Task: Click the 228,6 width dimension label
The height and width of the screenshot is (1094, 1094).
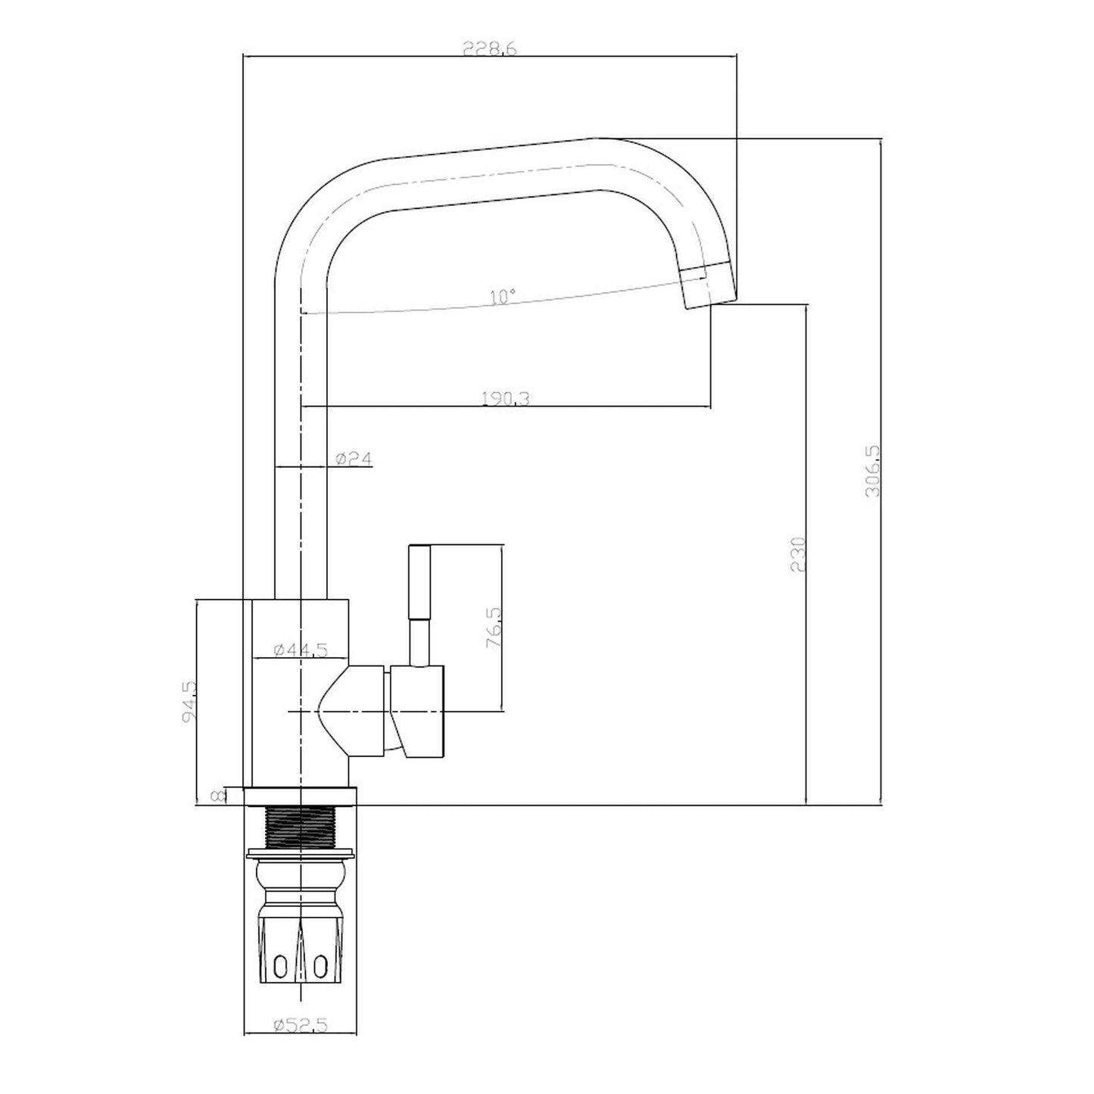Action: (489, 48)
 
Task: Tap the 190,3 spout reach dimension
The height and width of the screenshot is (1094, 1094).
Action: (505, 398)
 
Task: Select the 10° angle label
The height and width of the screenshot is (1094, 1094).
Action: (503, 296)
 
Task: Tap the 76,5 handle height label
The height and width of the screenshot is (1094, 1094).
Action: (494, 628)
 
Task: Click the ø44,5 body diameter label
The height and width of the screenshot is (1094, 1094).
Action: (301, 650)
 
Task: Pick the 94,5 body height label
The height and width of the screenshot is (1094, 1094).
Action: (189, 702)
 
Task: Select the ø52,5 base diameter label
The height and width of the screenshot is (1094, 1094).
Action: (301, 1008)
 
